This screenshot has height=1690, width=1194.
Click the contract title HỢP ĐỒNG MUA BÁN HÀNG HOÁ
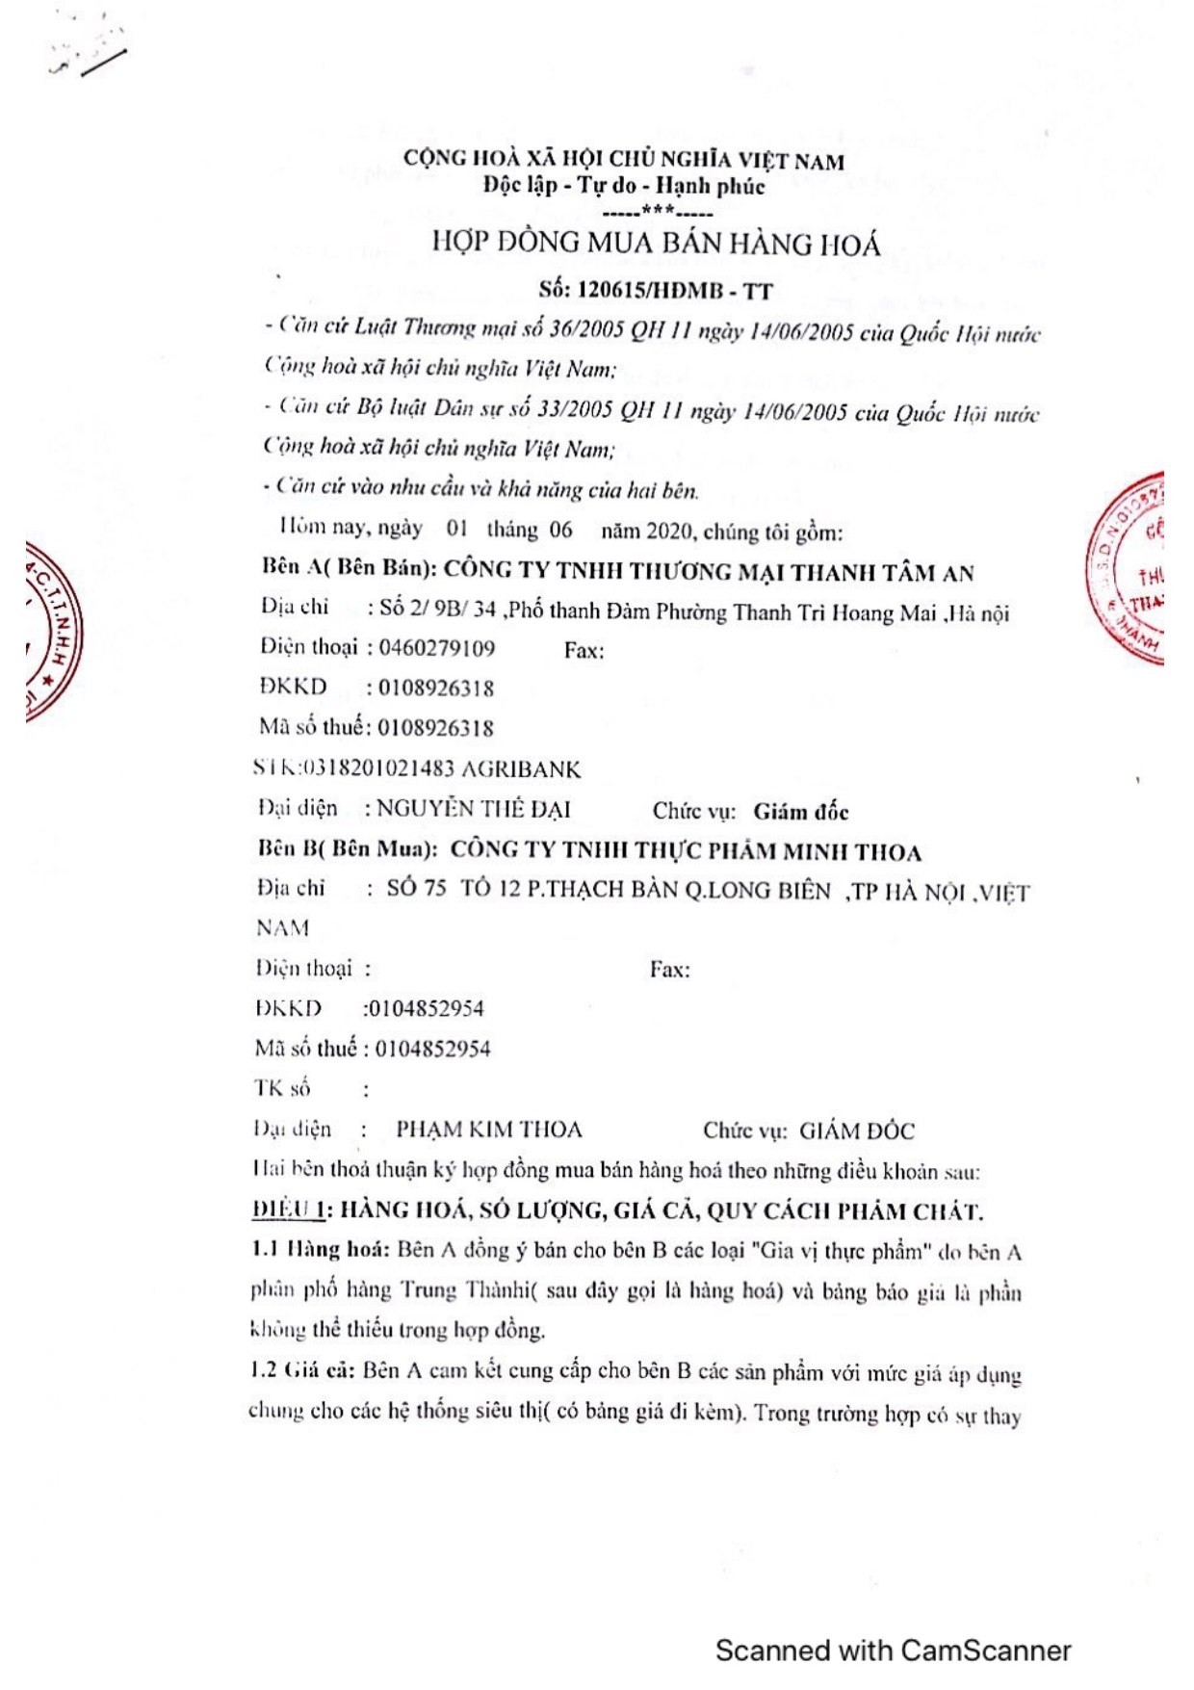pyautogui.click(x=656, y=243)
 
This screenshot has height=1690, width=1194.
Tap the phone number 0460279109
pyautogui.click(x=436, y=647)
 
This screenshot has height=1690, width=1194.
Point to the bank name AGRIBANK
pyautogui.click(x=521, y=769)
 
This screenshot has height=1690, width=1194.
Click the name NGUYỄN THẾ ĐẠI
pyautogui.click(x=473, y=809)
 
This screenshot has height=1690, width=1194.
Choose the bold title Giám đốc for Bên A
pyautogui.click(x=800, y=812)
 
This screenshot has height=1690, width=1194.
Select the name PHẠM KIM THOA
pyautogui.click(x=489, y=1129)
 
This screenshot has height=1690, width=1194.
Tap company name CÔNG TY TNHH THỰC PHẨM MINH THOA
pyautogui.click(x=686, y=851)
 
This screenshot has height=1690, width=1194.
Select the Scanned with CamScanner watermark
pyautogui.click(x=893, y=1651)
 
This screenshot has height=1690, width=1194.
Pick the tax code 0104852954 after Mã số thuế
pyautogui.click(x=432, y=1049)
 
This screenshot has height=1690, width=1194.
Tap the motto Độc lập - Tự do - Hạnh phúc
pyautogui.click(x=624, y=186)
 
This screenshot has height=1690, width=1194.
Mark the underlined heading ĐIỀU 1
pyautogui.click(x=287, y=1210)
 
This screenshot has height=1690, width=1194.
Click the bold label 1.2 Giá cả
pyautogui.click(x=303, y=1370)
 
